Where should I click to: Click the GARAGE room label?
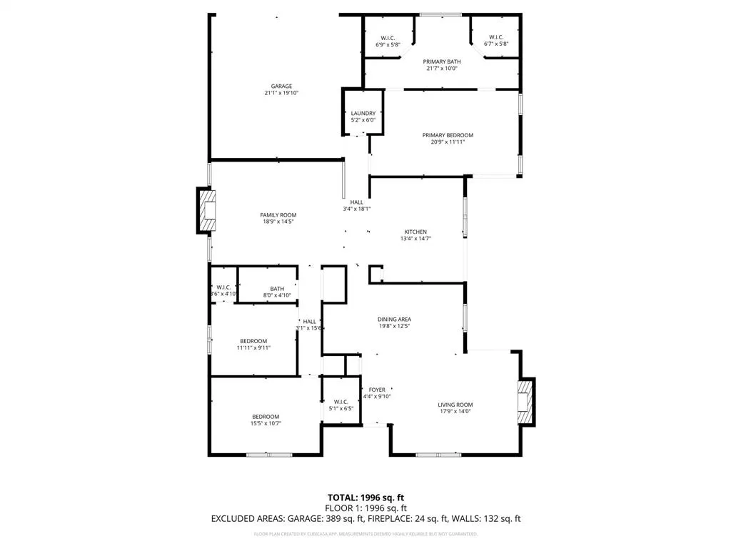281,86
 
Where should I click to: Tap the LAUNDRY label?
363,113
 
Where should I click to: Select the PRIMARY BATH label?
441,62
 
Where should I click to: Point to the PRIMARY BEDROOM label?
448,135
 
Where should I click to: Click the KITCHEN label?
415,232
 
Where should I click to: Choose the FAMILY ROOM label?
278,214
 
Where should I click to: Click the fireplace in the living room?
525,400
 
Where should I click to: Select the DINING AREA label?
394,320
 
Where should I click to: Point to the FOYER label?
376,390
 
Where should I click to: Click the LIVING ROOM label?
455,405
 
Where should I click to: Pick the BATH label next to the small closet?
277,289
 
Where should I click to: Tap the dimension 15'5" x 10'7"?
266,423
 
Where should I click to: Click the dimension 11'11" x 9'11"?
253,347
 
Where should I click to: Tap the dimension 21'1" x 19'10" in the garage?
281,93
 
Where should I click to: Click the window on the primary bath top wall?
440,14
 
